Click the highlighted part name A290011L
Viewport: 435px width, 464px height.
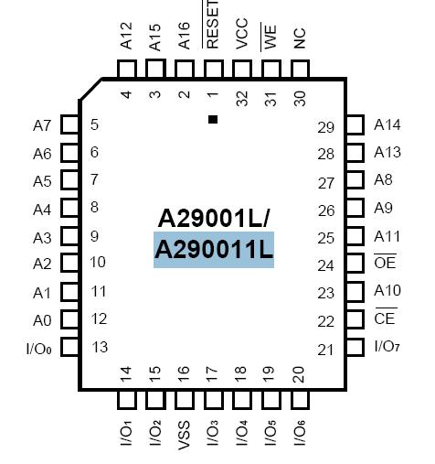(x=214, y=250)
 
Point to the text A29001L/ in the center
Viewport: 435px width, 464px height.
(x=214, y=218)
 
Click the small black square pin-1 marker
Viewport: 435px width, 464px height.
(x=213, y=119)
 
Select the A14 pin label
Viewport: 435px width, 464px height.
(x=387, y=125)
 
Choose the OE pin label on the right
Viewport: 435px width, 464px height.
(x=385, y=264)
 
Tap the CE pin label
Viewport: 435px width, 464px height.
(x=385, y=318)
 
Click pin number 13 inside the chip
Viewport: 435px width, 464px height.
(x=101, y=347)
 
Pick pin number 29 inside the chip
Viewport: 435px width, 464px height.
(x=326, y=127)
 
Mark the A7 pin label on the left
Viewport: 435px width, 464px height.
(x=42, y=125)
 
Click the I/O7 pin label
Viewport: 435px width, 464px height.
(x=387, y=347)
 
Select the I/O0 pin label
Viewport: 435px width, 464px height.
(x=39, y=348)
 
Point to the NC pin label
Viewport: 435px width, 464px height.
(x=300, y=38)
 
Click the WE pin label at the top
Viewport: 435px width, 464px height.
(x=271, y=38)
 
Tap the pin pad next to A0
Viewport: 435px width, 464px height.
(x=69, y=319)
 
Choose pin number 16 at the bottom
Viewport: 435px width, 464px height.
(x=184, y=373)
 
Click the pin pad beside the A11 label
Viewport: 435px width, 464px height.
(x=355, y=237)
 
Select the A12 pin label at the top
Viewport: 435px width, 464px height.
(x=127, y=39)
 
